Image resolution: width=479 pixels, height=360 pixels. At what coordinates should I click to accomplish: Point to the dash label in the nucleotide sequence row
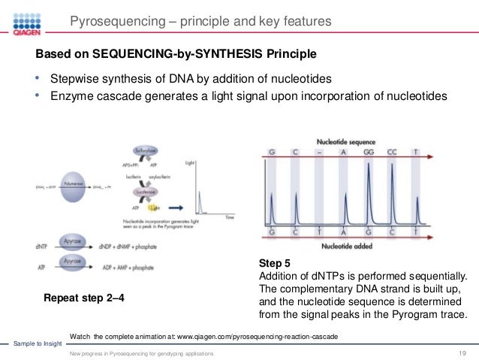(320, 152)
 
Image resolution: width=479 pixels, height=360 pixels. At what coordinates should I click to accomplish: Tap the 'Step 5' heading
(274, 264)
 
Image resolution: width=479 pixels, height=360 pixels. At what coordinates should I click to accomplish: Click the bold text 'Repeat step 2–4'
(85, 298)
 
